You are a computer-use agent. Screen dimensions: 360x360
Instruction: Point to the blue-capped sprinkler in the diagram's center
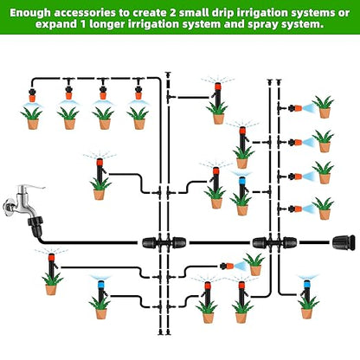click(241, 183)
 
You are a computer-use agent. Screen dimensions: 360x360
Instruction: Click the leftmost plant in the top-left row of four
click(33, 114)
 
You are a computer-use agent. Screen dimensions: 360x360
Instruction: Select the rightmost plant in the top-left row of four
click(138, 114)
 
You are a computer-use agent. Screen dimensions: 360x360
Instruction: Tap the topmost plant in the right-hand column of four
click(324, 107)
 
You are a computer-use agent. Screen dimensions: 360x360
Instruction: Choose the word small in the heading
click(234, 11)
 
